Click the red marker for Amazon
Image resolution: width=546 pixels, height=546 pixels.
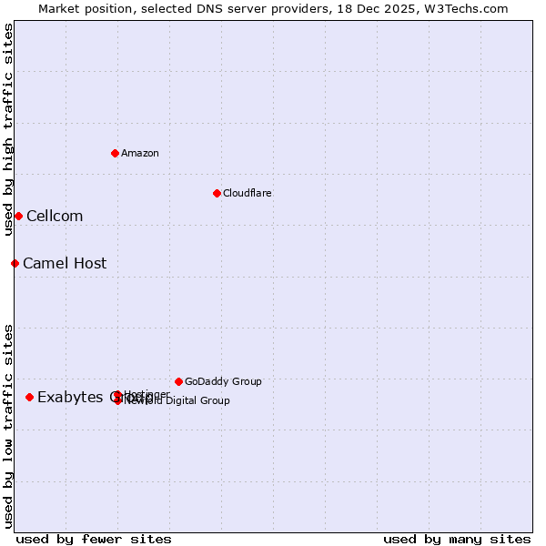point(115,153)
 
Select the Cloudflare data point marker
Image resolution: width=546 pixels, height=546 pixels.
point(217,193)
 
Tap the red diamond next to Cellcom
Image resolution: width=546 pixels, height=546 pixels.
point(18,216)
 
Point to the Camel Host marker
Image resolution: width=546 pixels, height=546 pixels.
point(15,263)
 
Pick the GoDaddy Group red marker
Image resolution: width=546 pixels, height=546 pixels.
point(178,381)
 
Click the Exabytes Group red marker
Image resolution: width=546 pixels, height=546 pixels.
point(29,397)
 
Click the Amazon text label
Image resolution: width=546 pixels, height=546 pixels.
point(139,153)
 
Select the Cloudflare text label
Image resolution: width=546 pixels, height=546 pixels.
point(247,193)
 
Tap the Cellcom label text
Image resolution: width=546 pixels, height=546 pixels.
point(55,216)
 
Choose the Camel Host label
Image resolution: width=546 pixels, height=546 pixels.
point(65,263)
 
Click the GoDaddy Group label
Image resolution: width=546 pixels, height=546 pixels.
point(223,381)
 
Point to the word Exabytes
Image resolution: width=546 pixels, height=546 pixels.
point(70,397)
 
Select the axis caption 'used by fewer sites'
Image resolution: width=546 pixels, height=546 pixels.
point(94,539)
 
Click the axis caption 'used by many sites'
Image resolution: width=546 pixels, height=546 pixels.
point(457,539)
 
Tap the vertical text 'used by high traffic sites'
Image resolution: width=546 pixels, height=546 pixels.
point(8,130)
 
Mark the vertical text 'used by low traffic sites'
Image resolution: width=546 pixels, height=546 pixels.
point(8,426)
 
